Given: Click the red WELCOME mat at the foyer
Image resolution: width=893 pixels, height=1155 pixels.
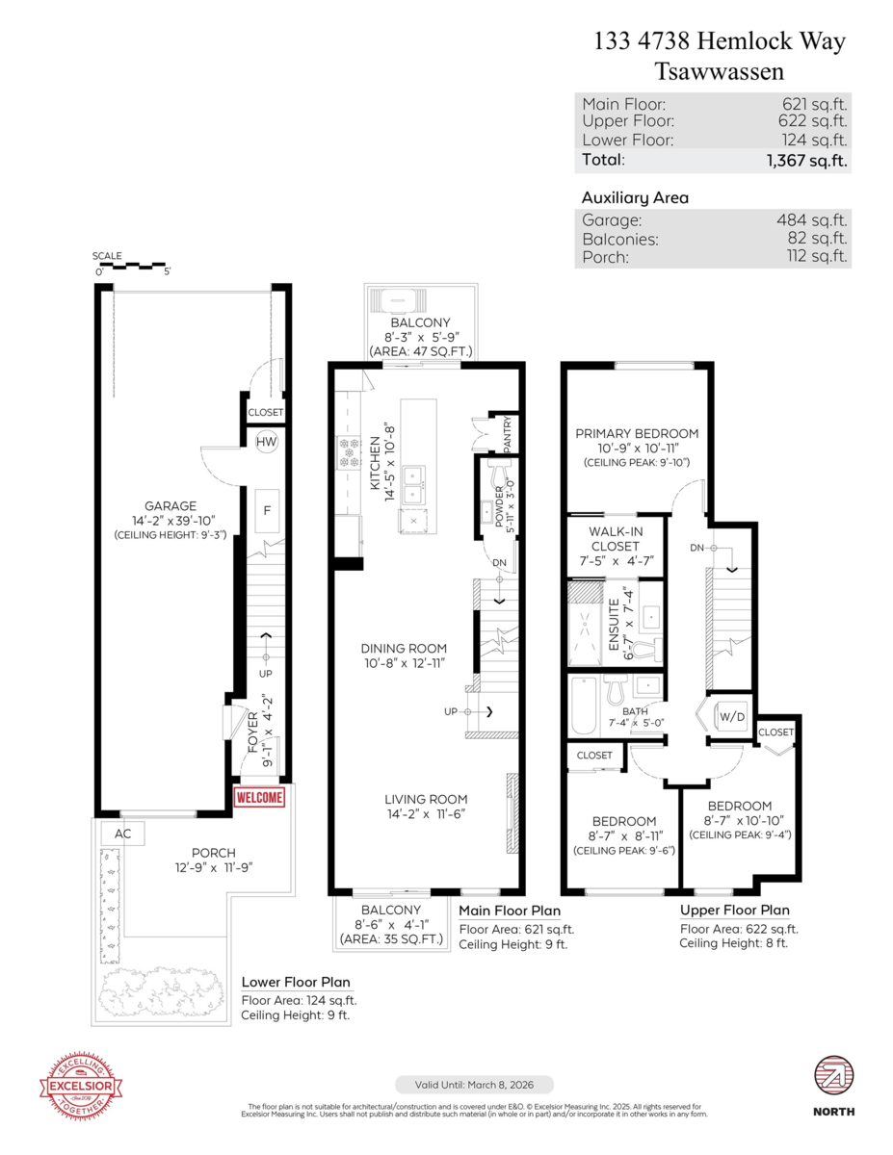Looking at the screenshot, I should click(260, 798).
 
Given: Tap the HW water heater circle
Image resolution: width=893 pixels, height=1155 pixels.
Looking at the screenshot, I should click(267, 442).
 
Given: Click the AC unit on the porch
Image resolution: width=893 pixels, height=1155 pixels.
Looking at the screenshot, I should click(122, 834).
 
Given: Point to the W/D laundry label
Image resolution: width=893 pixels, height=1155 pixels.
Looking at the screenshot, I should click(733, 716).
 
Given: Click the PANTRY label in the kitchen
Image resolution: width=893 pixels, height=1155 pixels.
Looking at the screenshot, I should click(509, 434).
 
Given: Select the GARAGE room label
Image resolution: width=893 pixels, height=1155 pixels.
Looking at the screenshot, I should click(171, 505).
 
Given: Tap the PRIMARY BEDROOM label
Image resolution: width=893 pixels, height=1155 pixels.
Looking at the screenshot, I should click(637, 433).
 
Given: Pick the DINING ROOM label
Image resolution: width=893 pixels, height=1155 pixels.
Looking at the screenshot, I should click(404, 648).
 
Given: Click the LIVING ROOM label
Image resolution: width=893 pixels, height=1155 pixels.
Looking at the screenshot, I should click(426, 799).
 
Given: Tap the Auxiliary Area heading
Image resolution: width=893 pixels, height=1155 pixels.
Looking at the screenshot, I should click(634, 197).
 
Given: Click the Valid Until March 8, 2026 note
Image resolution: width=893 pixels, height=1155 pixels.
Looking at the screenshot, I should click(474, 1084).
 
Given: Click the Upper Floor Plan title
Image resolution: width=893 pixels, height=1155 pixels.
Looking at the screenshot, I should click(734, 910).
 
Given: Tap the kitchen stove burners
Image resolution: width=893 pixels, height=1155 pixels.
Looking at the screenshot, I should click(347, 451).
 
